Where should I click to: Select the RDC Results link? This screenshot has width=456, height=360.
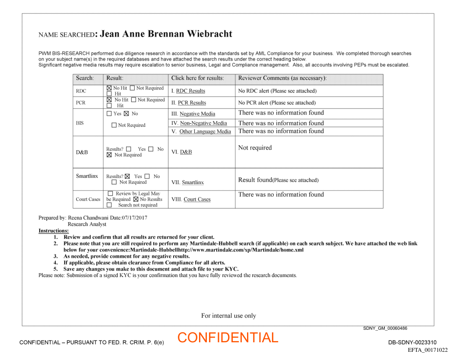tap(190, 91)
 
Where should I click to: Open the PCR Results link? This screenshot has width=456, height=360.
tap(192, 103)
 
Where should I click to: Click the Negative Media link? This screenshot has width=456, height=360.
tap(197, 114)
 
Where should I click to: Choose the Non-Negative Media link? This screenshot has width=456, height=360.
tap(203, 124)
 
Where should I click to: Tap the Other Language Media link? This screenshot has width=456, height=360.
tap(205, 132)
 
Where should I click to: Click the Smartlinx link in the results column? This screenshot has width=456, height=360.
tap(193, 183)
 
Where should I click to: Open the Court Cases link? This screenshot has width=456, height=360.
tap(197, 200)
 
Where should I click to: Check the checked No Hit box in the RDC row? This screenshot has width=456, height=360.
tap(109, 88)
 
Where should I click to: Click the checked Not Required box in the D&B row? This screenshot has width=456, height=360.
tap(109, 155)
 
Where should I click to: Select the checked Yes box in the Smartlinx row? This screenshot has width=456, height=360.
tap(127, 176)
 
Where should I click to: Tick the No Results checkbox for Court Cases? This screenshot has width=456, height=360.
tap(136, 199)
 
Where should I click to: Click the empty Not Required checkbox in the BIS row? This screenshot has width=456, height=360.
tap(114, 125)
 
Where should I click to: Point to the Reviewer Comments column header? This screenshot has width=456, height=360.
tap(282, 78)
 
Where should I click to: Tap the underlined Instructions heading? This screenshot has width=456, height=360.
tap(54, 231)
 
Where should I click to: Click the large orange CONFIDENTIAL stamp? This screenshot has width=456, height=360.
tap(228, 338)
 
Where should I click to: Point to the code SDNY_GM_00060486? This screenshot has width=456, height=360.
tap(385, 328)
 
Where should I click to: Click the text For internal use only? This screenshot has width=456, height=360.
tap(228, 316)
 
